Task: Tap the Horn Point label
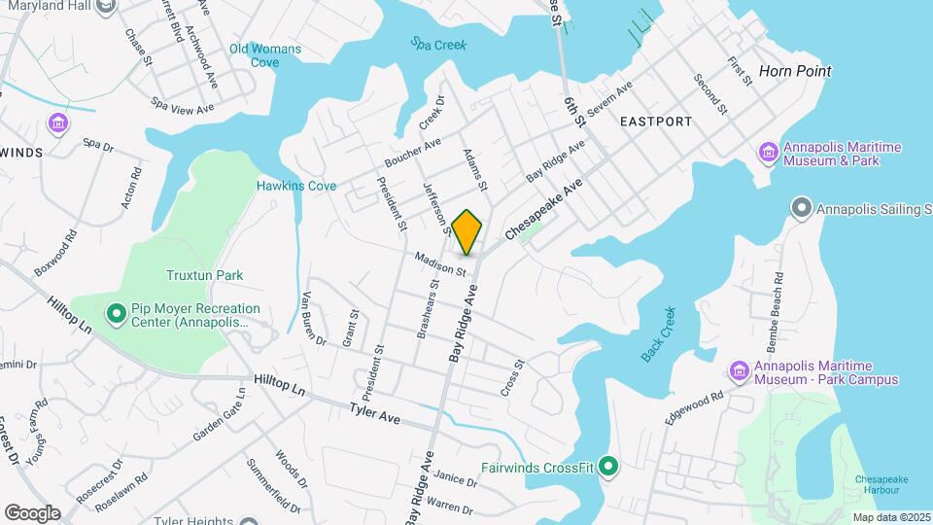coord(795,71)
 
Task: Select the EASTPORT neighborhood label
coord(655,122)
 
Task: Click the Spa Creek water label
coord(438,44)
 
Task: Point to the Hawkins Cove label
coord(296,186)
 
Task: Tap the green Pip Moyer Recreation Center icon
coord(116,313)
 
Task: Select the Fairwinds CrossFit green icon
coord(608,467)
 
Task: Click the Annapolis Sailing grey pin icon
coord(802,208)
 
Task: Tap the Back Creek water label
coord(657,335)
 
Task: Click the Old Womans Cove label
coord(265,55)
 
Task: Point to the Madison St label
coord(441,262)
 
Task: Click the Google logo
coord(32,512)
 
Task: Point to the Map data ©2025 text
coord(889,517)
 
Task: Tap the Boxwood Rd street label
coord(54,253)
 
